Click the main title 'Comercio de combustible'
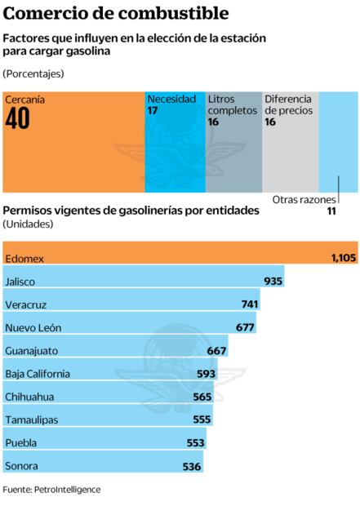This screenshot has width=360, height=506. (115, 14)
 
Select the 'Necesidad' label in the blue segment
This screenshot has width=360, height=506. (171, 99)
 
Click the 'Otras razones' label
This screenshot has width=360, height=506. (302, 198)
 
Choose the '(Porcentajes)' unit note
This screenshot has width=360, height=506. (33, 73)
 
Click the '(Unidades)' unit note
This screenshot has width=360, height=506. (29, 224)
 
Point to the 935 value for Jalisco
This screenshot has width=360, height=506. (273, 281)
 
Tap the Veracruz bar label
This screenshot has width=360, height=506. (27, 304)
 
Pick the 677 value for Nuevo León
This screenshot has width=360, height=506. (245, 327)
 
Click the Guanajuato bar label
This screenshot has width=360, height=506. (31, 350)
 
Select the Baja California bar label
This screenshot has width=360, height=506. (38, 374)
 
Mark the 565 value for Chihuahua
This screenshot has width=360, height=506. (202, 397)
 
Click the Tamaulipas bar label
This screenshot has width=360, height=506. (31, 419)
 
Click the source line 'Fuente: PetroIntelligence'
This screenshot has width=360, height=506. (51, 490)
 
